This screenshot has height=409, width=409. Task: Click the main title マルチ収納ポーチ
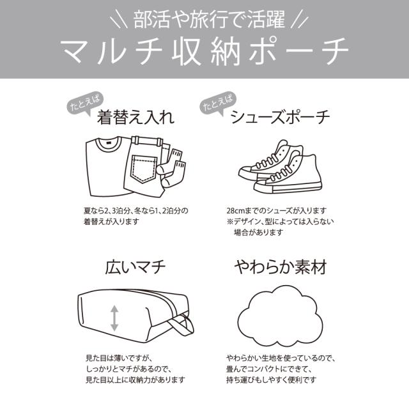pos(205,52)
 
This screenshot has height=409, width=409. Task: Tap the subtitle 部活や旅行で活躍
pos(209,19)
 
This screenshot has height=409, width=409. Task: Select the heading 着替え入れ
pos(135,117)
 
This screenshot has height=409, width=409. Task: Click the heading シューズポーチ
pos(280,117)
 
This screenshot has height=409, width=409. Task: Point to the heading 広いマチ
pos(135,267)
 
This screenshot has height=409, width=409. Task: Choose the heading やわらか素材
pos(281,267)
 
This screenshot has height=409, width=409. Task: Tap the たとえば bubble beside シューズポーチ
pos(218,102)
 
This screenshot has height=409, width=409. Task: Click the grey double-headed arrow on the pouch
pos(114,318)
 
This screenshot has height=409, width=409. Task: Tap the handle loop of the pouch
pos(183,325)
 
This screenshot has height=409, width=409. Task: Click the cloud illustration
pos(281,316)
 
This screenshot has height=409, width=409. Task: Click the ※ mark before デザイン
pos(229,222)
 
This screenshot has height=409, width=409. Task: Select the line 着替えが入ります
pos(111,222)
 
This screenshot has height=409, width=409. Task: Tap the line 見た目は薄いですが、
pos(119,358)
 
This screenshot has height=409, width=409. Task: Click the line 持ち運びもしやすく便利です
pos(271,380)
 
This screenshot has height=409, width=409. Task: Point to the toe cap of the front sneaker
pos(261,187)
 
